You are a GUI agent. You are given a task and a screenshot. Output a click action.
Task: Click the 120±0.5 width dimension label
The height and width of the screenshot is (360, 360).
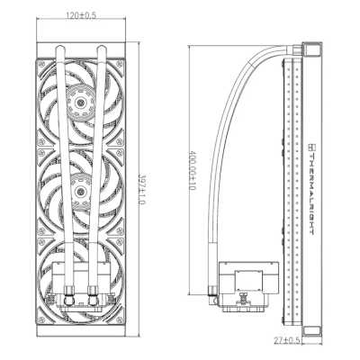[81, 15]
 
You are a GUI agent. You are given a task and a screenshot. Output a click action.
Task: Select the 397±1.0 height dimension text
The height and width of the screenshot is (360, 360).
[142, 189]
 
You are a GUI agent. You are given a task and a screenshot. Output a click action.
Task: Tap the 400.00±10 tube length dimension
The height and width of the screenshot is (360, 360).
[192, 170]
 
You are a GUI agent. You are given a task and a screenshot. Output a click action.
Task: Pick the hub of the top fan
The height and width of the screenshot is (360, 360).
[80, 103]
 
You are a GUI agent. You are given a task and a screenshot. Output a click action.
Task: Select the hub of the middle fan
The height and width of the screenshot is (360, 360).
[80, 191]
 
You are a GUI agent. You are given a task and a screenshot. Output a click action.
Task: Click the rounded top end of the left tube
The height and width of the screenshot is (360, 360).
[60, 48]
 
